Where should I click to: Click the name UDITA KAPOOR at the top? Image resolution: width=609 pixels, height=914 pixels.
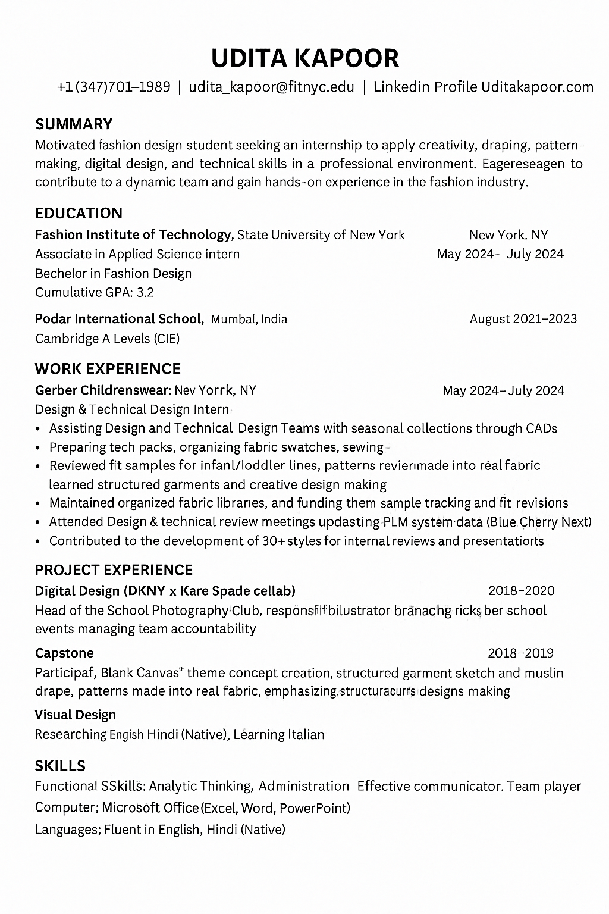(304, 58)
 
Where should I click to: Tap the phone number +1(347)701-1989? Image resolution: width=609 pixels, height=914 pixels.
(114, 87)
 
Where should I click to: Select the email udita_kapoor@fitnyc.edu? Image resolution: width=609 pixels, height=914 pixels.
(271, 87)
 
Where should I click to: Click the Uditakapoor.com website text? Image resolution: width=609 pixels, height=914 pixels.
(537, 87)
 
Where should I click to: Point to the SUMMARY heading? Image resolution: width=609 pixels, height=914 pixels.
(74, 124)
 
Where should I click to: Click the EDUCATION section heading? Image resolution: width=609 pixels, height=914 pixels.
(79, 213)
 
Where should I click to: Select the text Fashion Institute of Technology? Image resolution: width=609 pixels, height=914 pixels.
(133, 234)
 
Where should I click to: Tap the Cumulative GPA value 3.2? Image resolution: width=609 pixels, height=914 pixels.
(145, 292)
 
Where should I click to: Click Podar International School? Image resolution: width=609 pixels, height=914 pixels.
(118, 319)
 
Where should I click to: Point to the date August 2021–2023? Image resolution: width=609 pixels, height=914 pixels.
(523, 319)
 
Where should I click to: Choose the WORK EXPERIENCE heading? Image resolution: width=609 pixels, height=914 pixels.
(108, 368)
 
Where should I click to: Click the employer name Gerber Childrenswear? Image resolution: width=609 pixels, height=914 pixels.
(103, 390)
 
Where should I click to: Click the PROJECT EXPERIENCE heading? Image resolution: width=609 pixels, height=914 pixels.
(114, 570)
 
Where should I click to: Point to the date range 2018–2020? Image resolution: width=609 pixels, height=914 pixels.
(521, 591)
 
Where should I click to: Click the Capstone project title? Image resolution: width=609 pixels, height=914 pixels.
(64, 653)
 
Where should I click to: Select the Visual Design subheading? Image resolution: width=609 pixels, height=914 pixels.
(75, 715)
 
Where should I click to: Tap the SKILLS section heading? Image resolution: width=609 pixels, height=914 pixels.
(60, 766)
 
